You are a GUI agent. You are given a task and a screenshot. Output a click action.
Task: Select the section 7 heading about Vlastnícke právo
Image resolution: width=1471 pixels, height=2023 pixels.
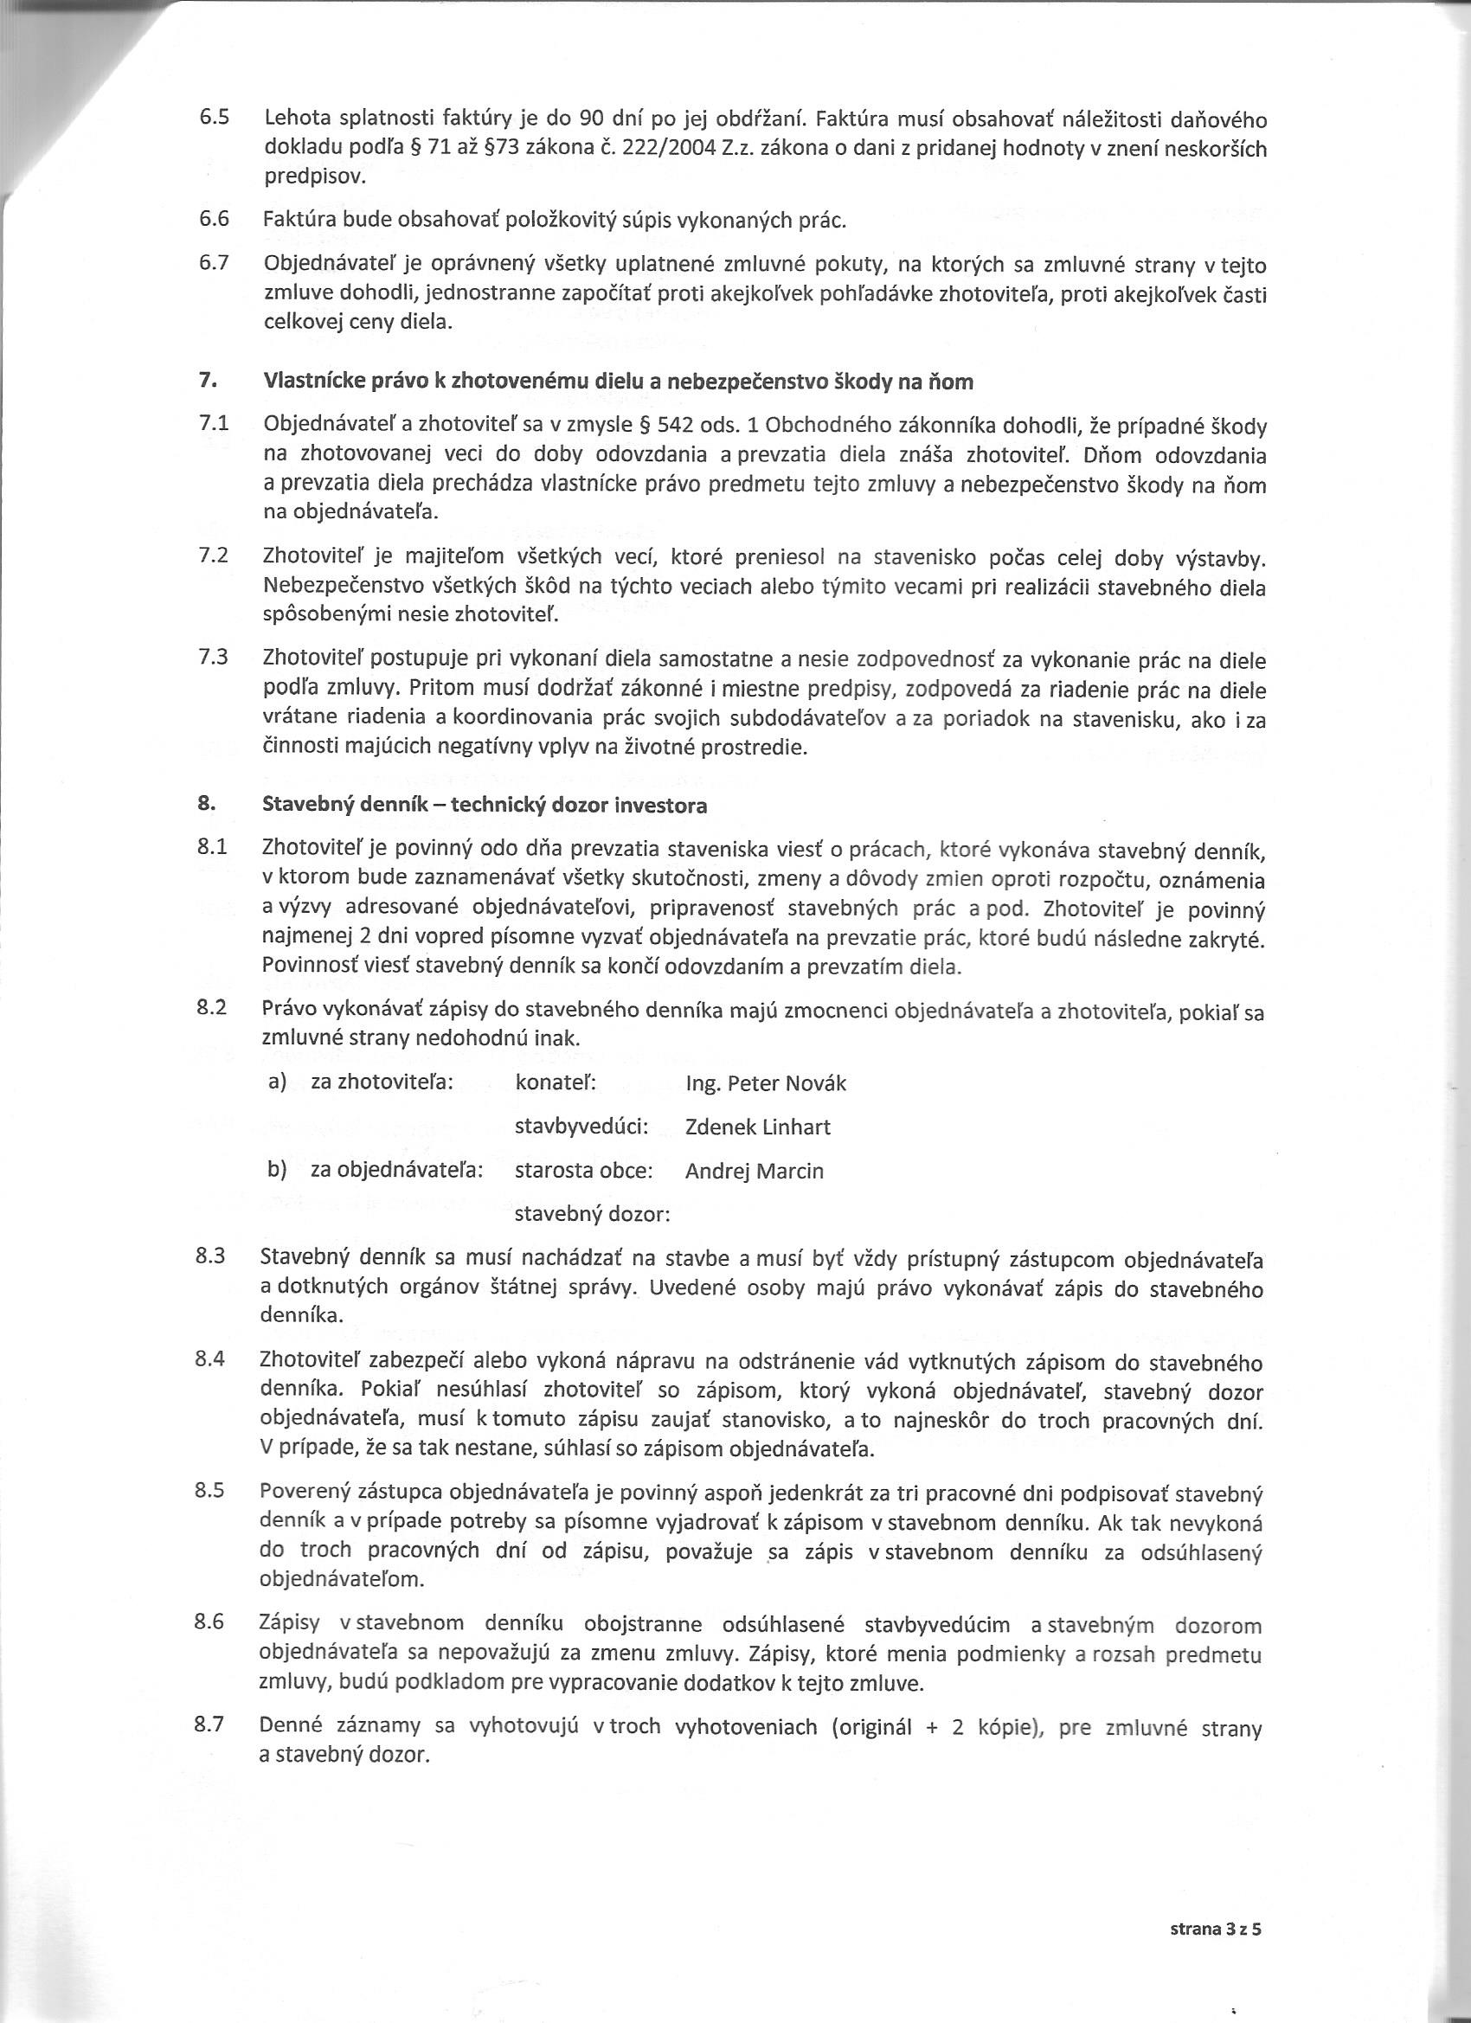click(617, 382)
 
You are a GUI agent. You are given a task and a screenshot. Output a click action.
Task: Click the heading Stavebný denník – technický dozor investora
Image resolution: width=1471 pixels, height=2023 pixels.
click(485, 805)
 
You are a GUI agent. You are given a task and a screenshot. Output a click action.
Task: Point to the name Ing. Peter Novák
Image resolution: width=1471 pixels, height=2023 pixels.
click(766, 1082)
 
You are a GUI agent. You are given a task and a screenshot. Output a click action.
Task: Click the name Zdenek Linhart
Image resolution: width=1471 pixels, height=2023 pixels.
click(757, 1127)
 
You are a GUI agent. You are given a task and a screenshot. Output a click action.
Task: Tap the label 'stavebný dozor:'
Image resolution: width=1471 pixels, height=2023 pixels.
click(593, 1214)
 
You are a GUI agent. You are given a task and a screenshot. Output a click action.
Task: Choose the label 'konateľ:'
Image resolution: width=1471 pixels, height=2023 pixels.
click(556, 1082)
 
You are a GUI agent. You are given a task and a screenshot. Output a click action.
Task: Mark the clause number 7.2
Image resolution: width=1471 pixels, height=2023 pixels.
click(213, 556)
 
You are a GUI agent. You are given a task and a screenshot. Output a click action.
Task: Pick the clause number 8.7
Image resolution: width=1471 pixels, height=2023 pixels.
click(210, 1724)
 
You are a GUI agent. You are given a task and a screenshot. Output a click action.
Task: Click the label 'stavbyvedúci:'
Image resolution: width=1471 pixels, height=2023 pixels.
click(581, 1127)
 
